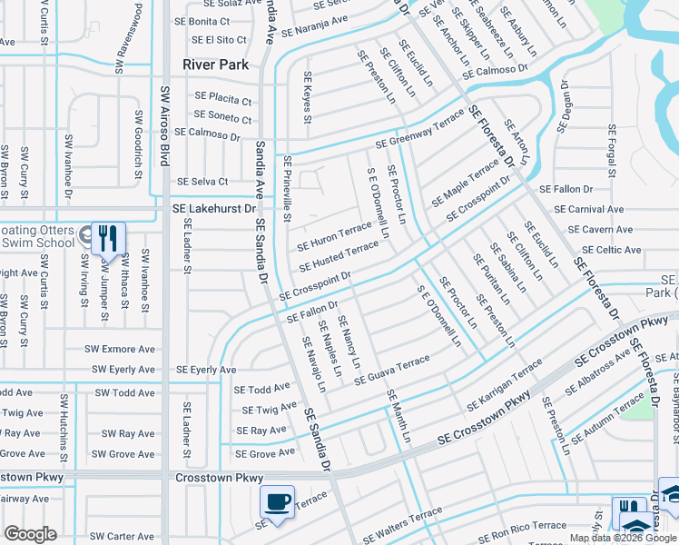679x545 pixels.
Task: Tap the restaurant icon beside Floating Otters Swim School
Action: click(108, 238)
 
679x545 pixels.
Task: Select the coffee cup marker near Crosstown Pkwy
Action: click(277, 501)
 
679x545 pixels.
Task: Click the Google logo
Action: click(30, 534)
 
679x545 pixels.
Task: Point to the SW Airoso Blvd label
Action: click(165, 125)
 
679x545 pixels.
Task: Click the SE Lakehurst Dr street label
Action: click(211, 208)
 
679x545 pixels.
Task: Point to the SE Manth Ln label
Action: click(399, 416)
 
